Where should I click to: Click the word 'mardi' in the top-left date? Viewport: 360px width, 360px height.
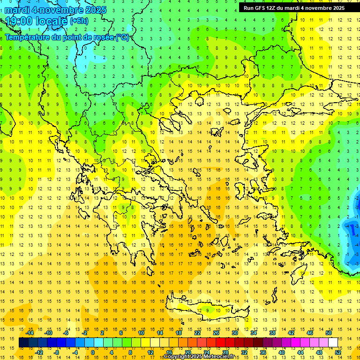[x=18, y=10]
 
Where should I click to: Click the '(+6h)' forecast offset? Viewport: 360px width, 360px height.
[x=78, y=21]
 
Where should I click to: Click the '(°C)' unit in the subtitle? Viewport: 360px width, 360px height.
[x=122, y=37]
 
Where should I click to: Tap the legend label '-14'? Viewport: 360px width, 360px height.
[x=30, y=333]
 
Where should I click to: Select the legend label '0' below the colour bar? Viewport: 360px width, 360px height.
[x=93, y=352]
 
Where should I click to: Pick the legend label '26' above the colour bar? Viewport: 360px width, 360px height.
[x=216, y=333]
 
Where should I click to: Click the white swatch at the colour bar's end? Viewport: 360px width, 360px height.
[x=333, y=342]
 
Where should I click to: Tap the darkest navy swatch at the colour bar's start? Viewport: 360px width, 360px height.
[x=23, y=342]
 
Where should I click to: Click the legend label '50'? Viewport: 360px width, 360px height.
[x=328, y=333]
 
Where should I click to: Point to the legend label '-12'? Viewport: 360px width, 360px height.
[x=39, y=352]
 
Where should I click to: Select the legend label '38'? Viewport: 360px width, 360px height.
[x=272, y=333]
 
